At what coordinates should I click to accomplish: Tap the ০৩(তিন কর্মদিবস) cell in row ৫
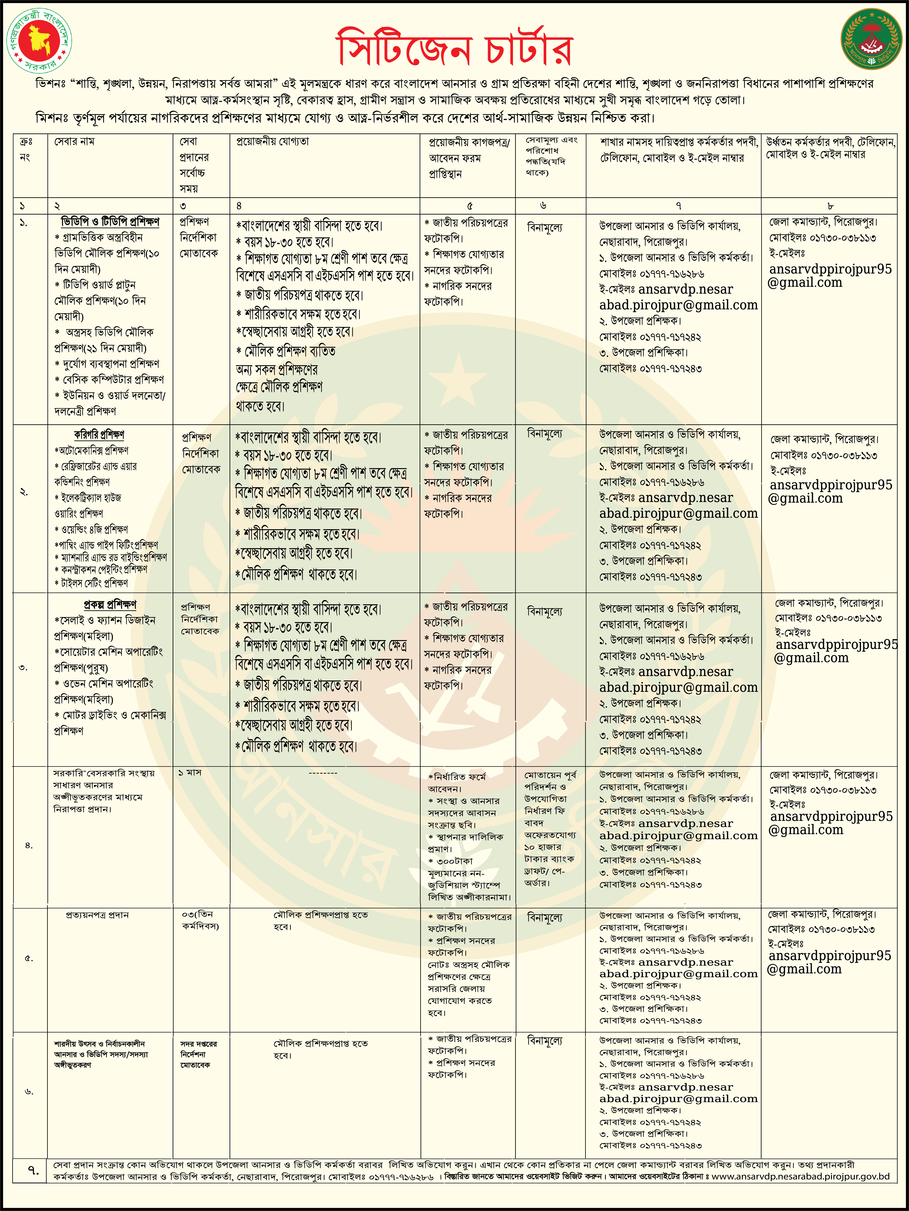pos(200,920)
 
